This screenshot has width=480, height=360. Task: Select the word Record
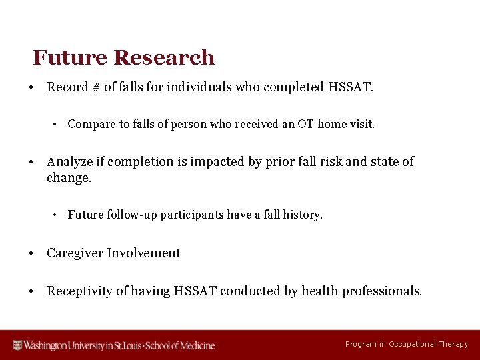point(67,87)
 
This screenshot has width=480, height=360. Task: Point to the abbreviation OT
point(306,124)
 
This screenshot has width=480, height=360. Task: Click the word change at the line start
point(67,178)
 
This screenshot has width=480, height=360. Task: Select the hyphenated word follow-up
point(133,215)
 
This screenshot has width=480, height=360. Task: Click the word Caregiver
point(75,253)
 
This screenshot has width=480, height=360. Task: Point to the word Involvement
point(144,253)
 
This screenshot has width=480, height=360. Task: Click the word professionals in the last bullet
point(382,291)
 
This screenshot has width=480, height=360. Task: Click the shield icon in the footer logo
point(18,345)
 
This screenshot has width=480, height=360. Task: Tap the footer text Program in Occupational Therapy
point(407,345)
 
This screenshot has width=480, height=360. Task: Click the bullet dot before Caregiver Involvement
point(32,253)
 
